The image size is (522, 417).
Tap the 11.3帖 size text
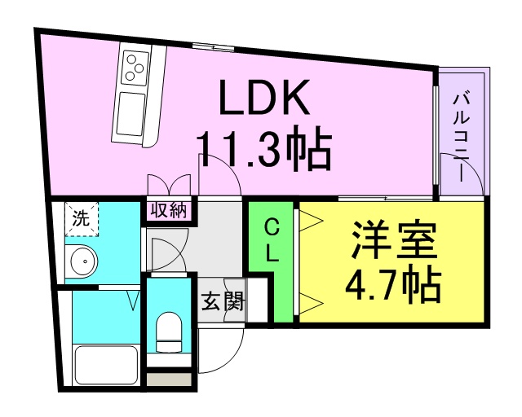pyautogui.click(x=263, y=148)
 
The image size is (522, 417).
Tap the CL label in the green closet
pyautogui.click(x=272, y=241)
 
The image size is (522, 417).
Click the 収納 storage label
pyautogui.click(x=169, y=210)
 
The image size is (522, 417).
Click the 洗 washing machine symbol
pyautogui.click(x=81, y=218)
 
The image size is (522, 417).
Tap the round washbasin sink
pyautogui.click(x=82, y=262)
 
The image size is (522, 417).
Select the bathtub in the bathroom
pyautogui.click(x=106, y=367)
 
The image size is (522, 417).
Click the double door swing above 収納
pyautogui.click(x=169, y=184)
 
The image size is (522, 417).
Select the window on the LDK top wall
pyautogui.click(x=215, y=45)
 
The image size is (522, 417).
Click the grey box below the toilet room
pyautogui.click(x=170, y=379)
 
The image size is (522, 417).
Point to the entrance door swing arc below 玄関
pyautogui.click(x=224, y=350)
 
